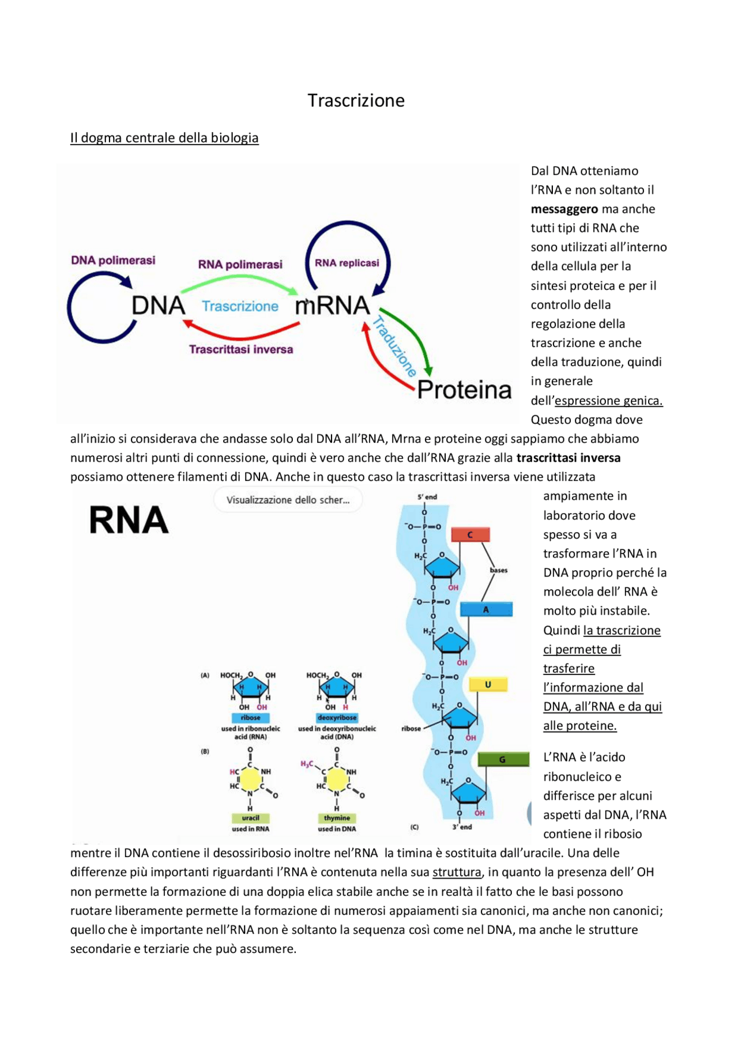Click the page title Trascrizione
coord(356,100)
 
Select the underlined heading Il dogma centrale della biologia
coord(164,138)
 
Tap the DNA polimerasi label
coord(113,260)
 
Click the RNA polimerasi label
coord(240,264)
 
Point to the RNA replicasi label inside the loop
coord(347,263)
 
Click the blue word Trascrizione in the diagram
coord(240,306)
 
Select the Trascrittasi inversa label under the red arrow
coord(241,349)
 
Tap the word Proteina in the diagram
coord(464,390)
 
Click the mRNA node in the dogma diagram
coord(332,306)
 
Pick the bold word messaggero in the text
coord(564,209)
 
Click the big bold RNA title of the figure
coord(129,520)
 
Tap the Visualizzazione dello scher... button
coord(288,500)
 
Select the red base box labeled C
coord(470,534)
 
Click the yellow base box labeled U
coord(488,684)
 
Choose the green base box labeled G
coord(503,759)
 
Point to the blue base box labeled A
coord(486,609)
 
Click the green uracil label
coord(250,817)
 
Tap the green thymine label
coord(337,817)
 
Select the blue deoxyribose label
coord(337,718)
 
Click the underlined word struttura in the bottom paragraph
coord(457,872)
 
